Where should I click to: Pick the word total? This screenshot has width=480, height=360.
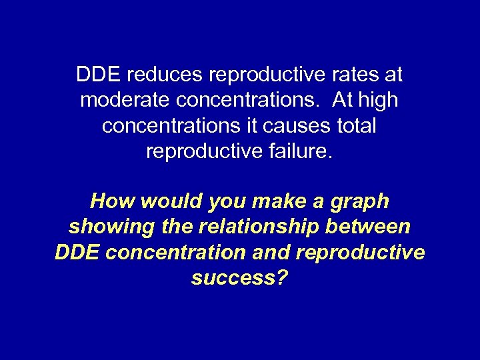pyautogui.click(x=354, y=125)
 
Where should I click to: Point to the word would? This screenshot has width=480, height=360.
pyautogui.click(x=163, y=201)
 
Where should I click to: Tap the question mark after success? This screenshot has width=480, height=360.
pyautogui.click(x=283, y=278)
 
